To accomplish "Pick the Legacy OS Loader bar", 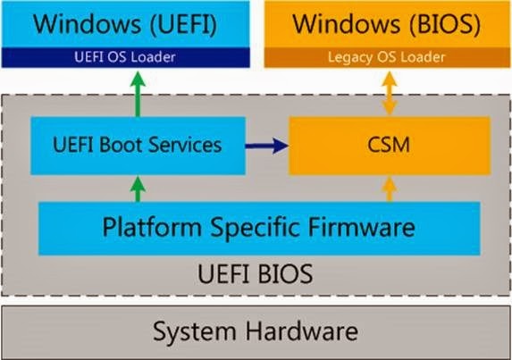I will point(387,58).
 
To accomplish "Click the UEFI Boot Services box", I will point(137,144).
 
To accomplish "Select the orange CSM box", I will point(387,144).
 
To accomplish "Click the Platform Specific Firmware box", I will point(258,226).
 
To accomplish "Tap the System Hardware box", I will point(256,332).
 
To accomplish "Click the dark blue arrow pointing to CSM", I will point(266,144).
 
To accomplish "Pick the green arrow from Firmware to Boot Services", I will point(137,188).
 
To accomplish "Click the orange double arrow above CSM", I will point(387,92).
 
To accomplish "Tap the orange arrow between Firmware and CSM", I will point(387,188).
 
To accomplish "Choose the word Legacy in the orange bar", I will point(349,58).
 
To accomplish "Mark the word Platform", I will point(152,226).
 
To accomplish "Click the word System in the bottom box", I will point(196,332).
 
